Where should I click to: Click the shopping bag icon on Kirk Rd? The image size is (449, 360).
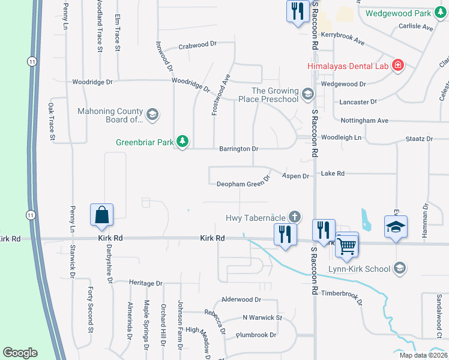pyautogui.click(x=102, y=215)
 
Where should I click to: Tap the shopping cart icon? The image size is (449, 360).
pyautogui.click(x=347, y=245)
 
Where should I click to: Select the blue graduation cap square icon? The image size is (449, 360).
pyautogui.click(x=396, y=227)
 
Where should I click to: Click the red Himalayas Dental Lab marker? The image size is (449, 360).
pyautogui.click(x=397, y=65)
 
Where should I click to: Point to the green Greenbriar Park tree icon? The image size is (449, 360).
pyautogui.click(x=182, y=142)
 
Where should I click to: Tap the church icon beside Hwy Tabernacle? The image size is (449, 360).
pyautogui.click(x=294, y=217)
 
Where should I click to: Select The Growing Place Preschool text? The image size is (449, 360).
pyautogui.click(x=274, y=95)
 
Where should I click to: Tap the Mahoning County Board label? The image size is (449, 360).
pyautogui.click(x=110, y=115)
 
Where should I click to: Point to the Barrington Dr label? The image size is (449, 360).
pyautogui.click(x=238, y=148)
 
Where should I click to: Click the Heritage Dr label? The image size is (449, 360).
pyautogui.click(x=146, y=283)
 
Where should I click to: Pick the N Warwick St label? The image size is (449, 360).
pyautogui.click(x=262, y=317)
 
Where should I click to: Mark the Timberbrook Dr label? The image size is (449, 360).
pyautogui.click(x=342, y=294)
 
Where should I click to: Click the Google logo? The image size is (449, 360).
pyautogui.click(x=20, y=353)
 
